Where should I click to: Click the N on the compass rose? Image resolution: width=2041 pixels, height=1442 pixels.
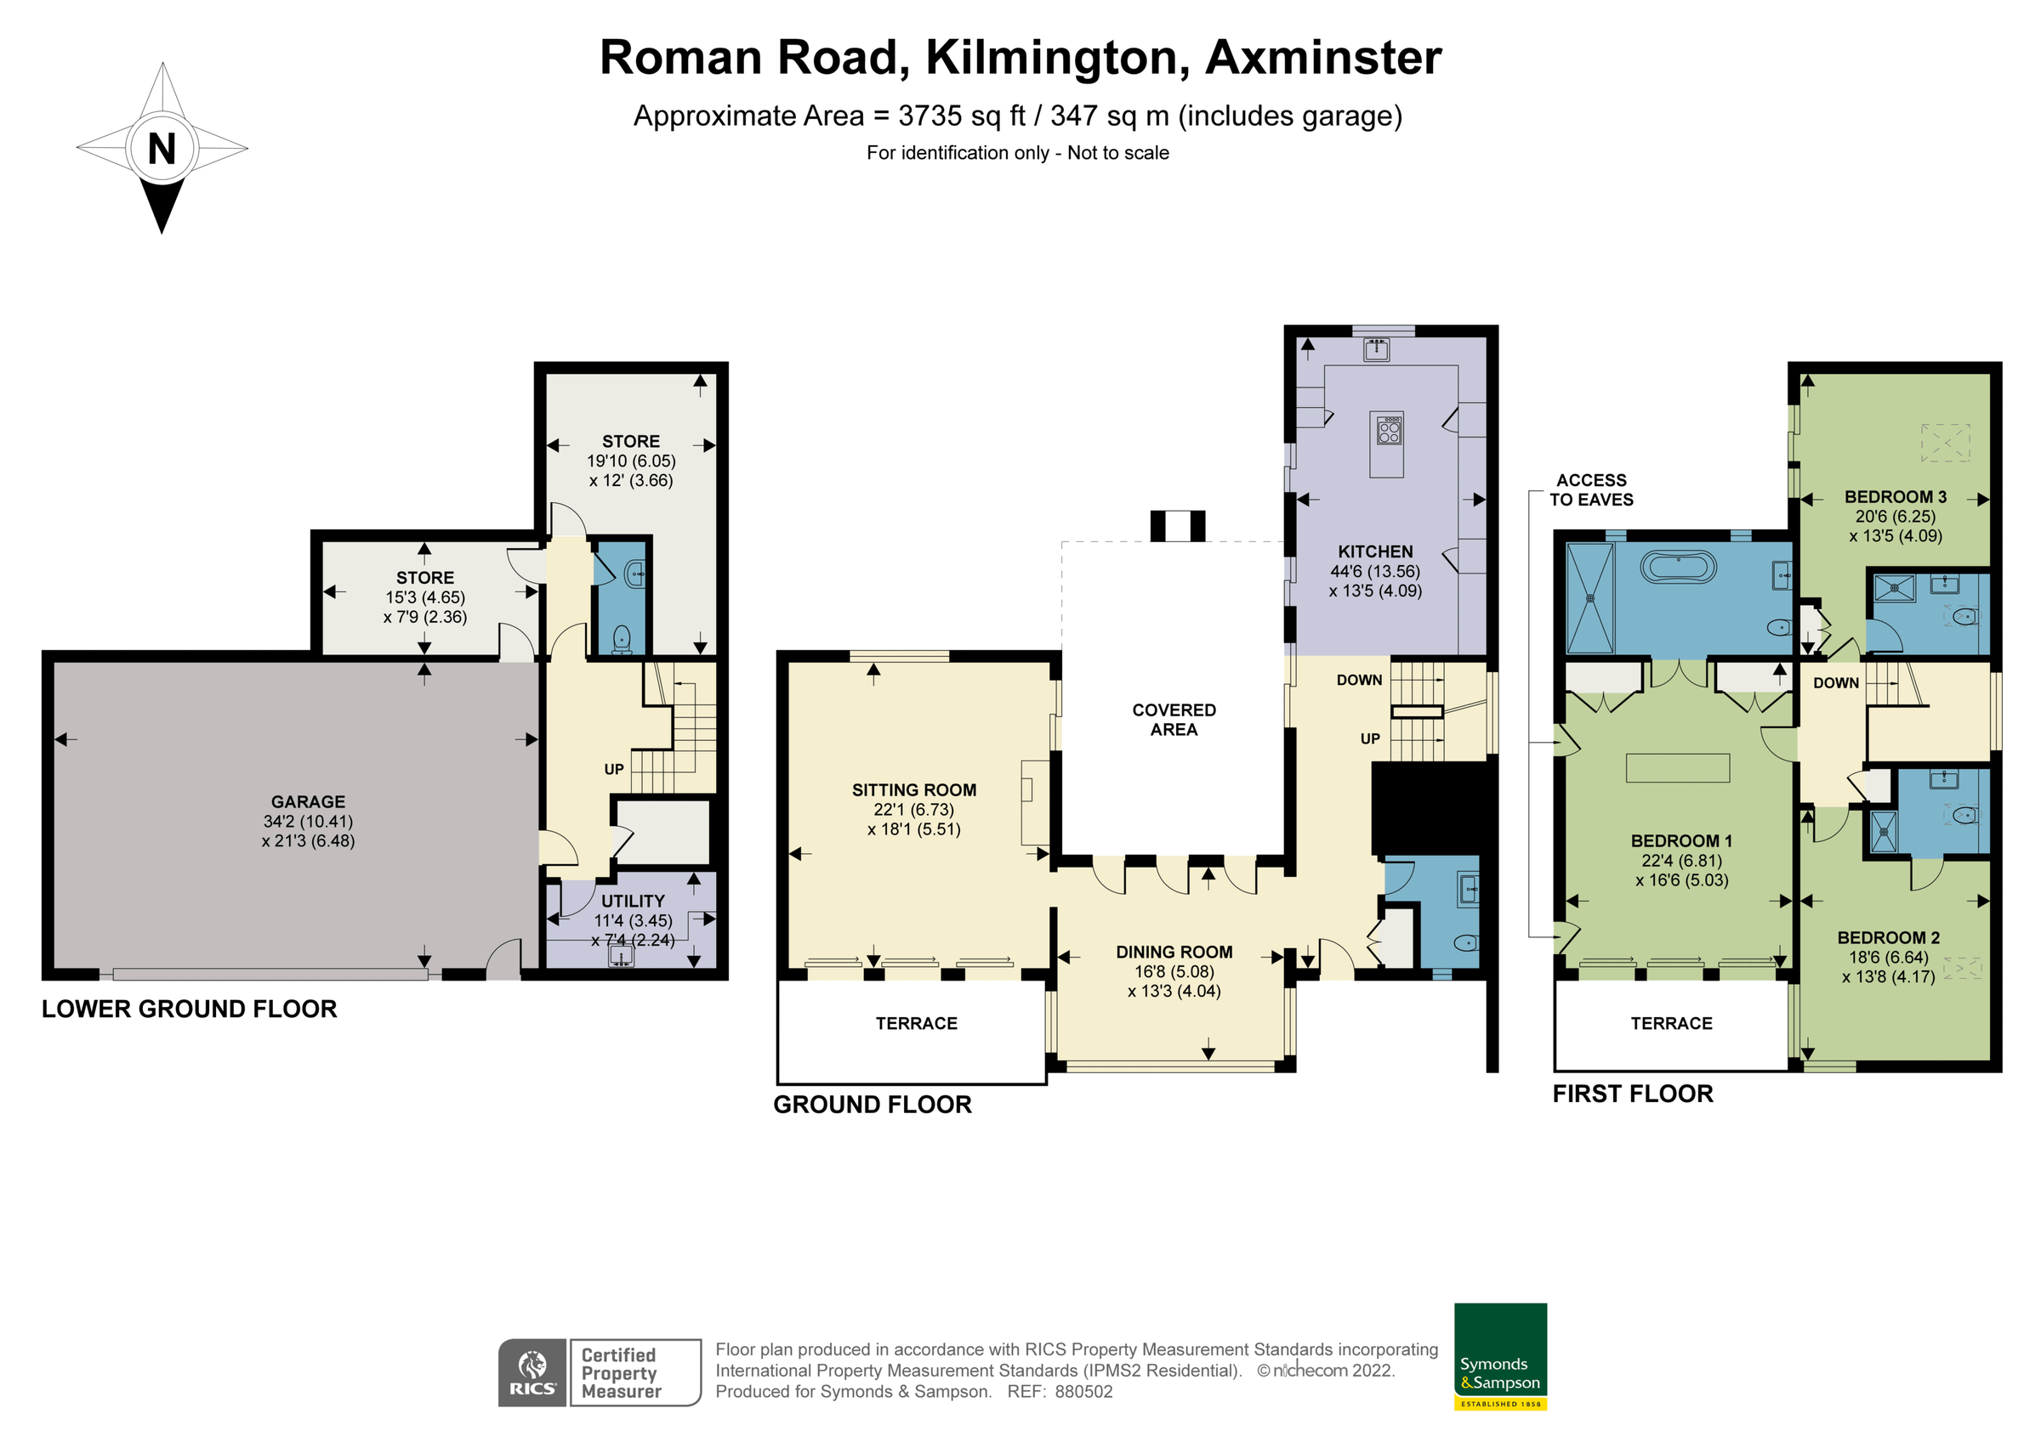click(162, 149)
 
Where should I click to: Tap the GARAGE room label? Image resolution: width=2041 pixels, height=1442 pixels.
click(308, 801)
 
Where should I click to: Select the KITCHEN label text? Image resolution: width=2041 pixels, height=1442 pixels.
click(1374, 551)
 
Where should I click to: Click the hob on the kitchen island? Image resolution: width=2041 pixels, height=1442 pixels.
click(1389, 432)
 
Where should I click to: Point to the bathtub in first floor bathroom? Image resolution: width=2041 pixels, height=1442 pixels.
click(1677, 568)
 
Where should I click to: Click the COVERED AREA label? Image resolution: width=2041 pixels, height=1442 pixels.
click(1174, 720)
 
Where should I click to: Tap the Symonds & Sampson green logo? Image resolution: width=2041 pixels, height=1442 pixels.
click(1500, 1355)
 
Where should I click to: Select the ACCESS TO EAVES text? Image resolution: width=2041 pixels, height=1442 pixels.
click(1591, 489)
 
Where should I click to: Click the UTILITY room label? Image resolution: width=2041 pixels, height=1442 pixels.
click(632, 901)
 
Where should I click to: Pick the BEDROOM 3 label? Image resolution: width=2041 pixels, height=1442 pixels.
click(1896, 496)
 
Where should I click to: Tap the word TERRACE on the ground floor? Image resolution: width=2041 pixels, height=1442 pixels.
click(917, 1024)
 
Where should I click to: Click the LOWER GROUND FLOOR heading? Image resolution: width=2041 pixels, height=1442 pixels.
click(190, 1009)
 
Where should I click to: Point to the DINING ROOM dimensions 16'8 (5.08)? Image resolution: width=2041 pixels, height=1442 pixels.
click(1174, 972)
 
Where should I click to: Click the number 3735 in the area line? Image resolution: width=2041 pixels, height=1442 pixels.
click(930, 116)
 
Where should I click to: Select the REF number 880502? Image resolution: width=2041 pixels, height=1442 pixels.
click(1083, 1392)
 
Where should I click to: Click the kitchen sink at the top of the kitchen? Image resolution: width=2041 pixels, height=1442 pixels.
click(1376, 349)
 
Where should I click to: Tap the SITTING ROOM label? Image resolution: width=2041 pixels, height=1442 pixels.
click(914, 790)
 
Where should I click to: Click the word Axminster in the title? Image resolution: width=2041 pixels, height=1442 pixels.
click(1322, 58)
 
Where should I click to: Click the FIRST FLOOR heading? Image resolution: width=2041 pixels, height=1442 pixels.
click(1632, 1094)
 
